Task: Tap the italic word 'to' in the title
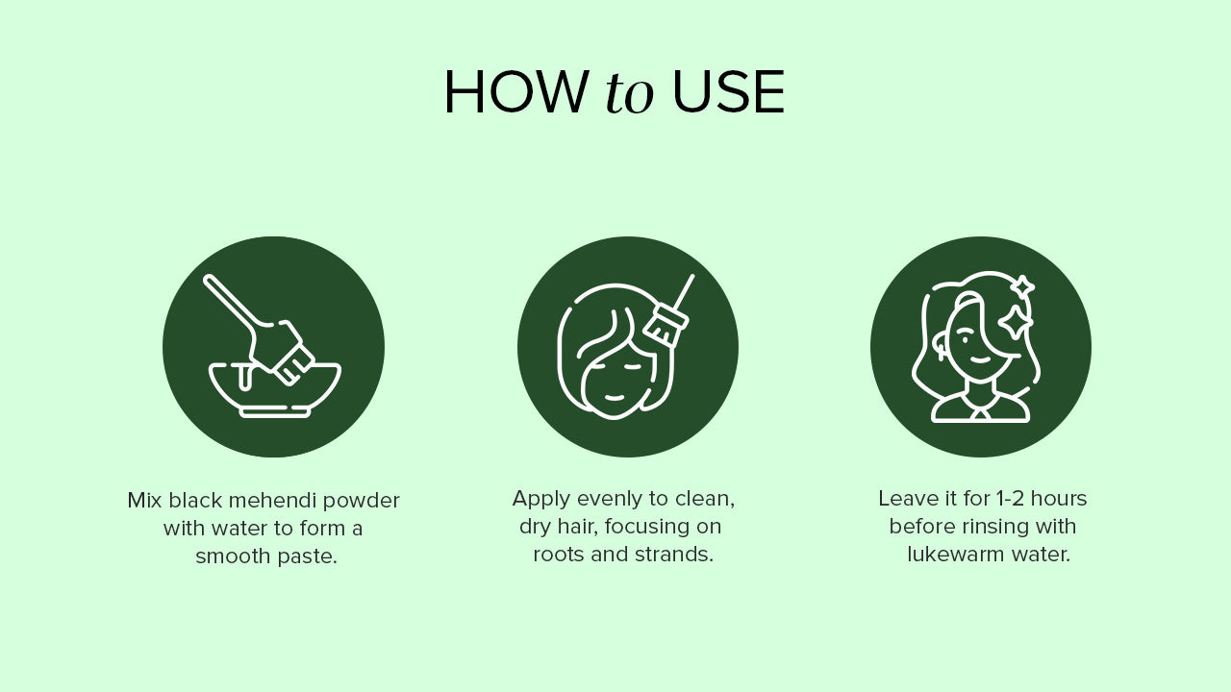tap(629, 93)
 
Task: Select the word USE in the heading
tap(728, 92)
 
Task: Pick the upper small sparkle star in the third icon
tap(1022, 287)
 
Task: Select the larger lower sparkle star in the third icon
tap(1015, 322)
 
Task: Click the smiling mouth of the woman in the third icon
tap(980, 359)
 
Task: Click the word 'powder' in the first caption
tap(361, 502)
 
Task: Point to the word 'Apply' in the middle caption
tap(541, 500)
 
